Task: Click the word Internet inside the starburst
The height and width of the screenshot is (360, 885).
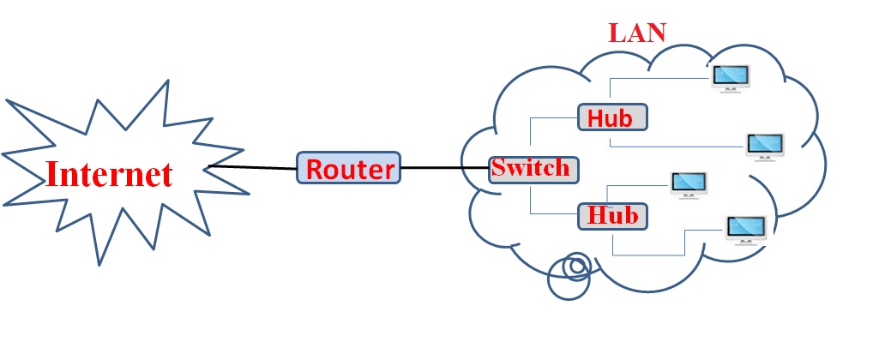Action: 109,174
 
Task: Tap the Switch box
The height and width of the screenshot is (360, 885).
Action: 530,168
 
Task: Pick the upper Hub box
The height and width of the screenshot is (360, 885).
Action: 612,117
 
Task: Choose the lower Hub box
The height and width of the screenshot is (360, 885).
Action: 612,216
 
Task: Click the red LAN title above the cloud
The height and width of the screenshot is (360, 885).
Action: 637,32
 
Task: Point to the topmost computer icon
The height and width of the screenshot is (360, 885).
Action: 731,77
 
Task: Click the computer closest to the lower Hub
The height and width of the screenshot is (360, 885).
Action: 689,183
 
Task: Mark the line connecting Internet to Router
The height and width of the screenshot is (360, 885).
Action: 253,167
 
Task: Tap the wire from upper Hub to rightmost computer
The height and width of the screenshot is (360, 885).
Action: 677,147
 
